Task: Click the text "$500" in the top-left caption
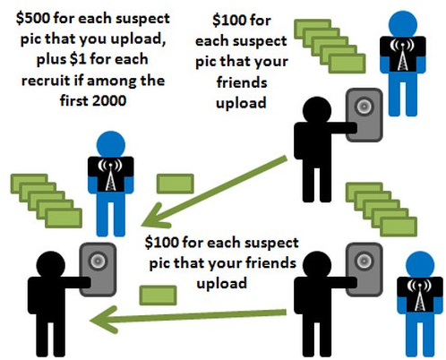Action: tap(33, 19)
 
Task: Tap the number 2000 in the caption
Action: tap(109, 100)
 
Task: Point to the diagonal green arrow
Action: tap(214, 192)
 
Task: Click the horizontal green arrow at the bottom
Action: tap(188, 319)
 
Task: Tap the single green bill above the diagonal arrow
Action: tap(176, 184)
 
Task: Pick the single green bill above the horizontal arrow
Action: tap(158, 296)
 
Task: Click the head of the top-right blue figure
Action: tap(403, 24)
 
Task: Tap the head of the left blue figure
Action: tap(111, 145)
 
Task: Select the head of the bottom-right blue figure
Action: tap(420, 265)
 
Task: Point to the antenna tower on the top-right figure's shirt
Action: tap(402, 56)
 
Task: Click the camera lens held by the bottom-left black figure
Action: tap(98, 261)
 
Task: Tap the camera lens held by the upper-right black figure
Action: tap(365, 107)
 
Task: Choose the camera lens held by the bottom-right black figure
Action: tap(365, 261)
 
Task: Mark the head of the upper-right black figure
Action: tap(317, 111)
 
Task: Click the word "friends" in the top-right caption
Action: tap(242, 82)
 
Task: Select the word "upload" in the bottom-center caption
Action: tap(222, 284)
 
